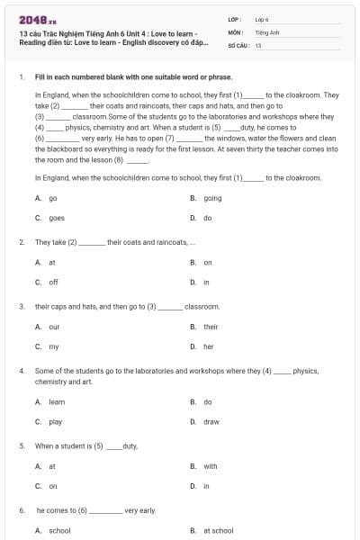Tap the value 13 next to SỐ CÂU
pos(258,44)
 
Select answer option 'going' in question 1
pos(212,198)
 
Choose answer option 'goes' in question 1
pos(56,218)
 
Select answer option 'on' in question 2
pos(208,263)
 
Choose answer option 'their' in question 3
pos(211,327)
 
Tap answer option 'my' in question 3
pos(54,346)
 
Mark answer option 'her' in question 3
pos(209,346)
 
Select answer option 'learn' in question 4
pos(57,401)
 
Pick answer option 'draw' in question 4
pos(211,421)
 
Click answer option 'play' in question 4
pos(56,421)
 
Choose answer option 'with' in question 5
pos(211,466)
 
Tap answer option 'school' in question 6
pos(59,531)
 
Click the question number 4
pos(21,371)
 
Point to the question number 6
pos(21,510)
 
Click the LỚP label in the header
pos(234,19)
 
